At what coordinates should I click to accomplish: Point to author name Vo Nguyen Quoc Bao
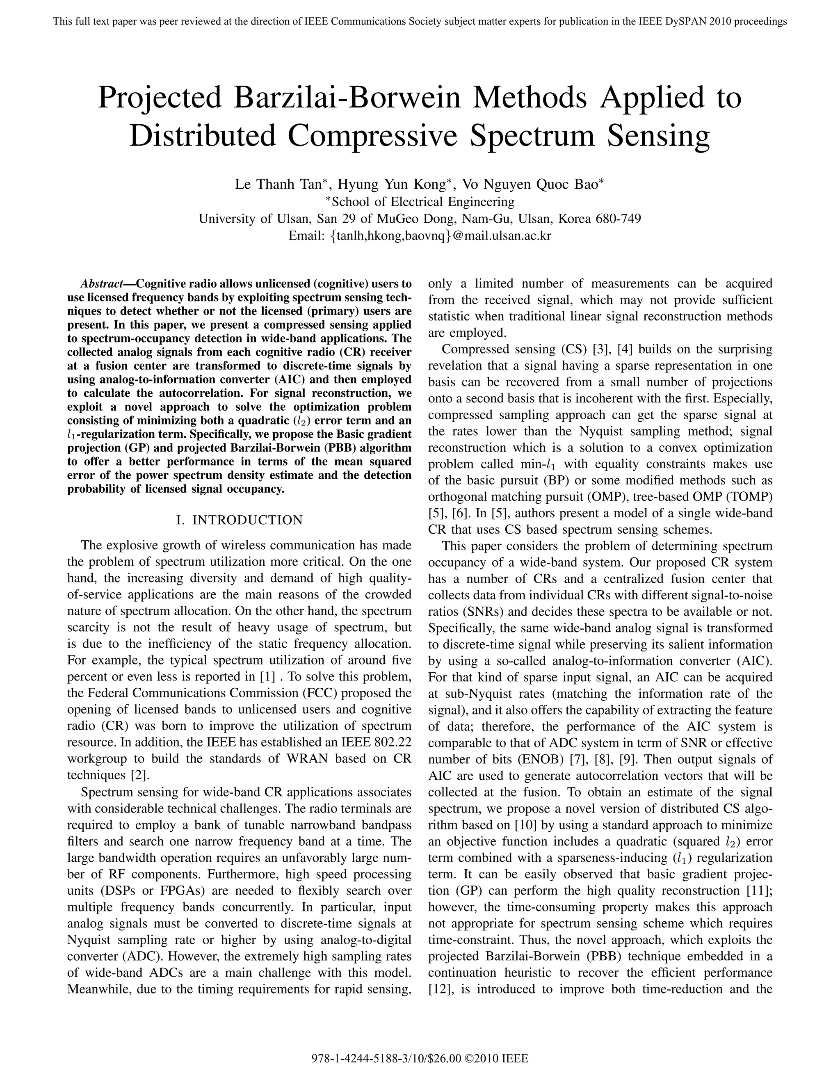coord(530,185)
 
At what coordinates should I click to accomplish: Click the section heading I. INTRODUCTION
coord(240,520)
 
